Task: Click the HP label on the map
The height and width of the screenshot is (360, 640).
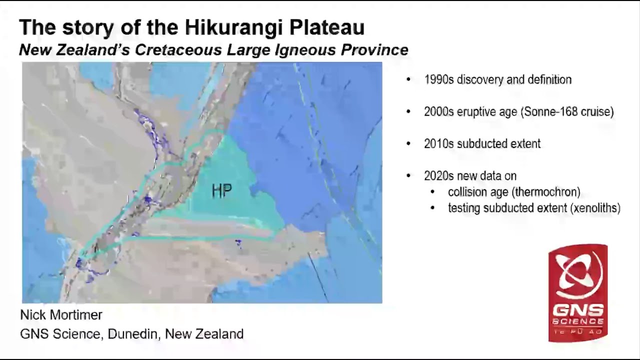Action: (221, 191)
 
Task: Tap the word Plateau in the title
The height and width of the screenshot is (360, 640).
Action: (327, 28)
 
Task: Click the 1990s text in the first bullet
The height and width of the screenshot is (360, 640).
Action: (438, 79)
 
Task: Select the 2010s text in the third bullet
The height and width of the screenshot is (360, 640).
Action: (438, 143)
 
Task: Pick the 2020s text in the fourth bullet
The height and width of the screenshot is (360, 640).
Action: (438, 175)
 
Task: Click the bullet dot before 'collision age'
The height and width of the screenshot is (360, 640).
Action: (433, 192)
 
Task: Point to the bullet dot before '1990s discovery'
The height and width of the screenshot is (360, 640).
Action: (409, 80)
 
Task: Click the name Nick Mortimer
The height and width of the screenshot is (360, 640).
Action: (61, 315)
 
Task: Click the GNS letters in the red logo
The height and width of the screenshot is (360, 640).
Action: (577, 309)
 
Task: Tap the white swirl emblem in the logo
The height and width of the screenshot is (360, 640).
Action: (578, 275)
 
